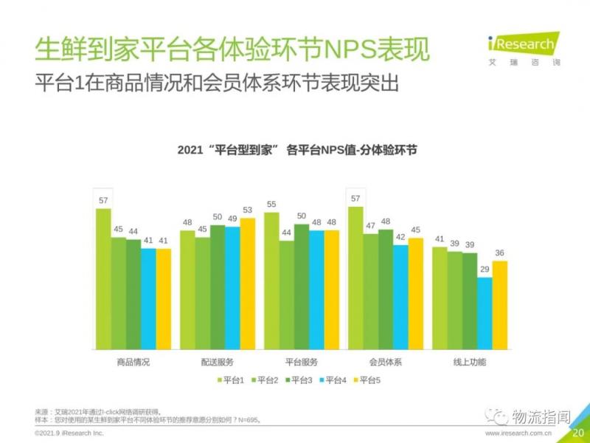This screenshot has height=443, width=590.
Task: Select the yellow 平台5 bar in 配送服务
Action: coord(247,284)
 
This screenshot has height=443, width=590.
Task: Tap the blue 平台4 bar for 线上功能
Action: coord(485,313)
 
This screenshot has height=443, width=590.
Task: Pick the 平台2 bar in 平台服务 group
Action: coord(286,295)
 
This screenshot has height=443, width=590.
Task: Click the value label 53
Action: coord(247,210)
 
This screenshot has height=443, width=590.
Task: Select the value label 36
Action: coord(499,253)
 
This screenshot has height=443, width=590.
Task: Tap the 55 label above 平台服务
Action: coord(271,205)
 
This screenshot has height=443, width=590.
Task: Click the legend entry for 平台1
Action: coord(229,380)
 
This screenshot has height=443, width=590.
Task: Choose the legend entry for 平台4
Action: coord(330,380)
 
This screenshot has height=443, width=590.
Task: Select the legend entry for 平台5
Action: coord(364,380)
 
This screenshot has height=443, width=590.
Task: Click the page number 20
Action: coord(578,433)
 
